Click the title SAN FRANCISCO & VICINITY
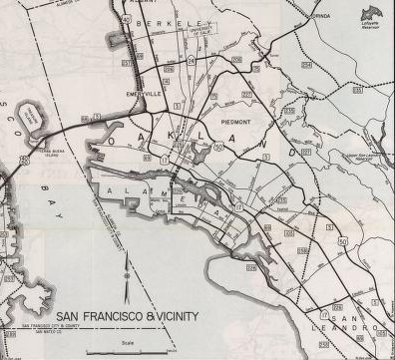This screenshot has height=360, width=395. [127, 317]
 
